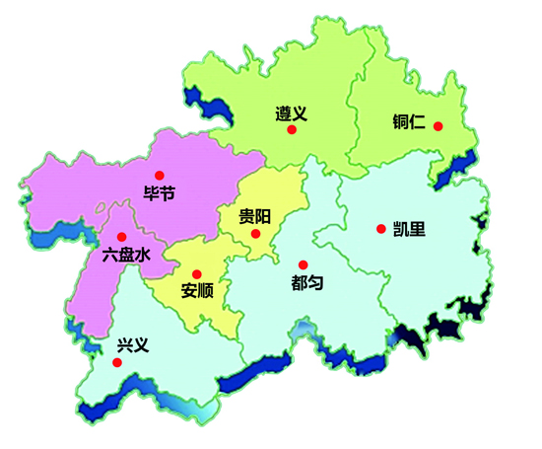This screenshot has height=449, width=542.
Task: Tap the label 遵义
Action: pyautogui.click(x=291, y=112)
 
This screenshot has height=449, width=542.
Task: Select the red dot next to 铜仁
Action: pyautogui.click(x=439, y=126)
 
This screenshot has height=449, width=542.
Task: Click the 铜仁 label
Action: pyautogui.click(x=408, y=124)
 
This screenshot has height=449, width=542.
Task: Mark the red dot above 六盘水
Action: pyautogui.click(x=121, y=237)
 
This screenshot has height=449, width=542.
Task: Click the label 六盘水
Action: pyautogui.click(x=126, y=255)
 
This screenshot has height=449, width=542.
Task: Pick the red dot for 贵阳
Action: pyautogui.click(x=255, y=234)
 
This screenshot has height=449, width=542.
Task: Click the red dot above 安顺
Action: pyautogui.click(x=196, y=273)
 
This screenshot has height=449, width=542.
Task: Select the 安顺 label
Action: pyautogui.click(x=197, y=291)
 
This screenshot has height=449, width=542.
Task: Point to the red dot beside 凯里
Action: pyautogui.click(x=380, y=229)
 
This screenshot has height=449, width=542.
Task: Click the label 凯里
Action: pyautogui.click(x=409, y=229)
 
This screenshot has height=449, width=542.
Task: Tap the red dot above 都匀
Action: pyautogui.click(x=303, y=263)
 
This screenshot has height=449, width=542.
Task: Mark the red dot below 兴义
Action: pyautogui.click(x=117, y=362)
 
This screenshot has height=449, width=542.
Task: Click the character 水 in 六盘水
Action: pyautogui.click(x=143, y=255)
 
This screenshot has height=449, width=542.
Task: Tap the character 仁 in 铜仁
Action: pyautogui.click(x=418, y=124)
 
